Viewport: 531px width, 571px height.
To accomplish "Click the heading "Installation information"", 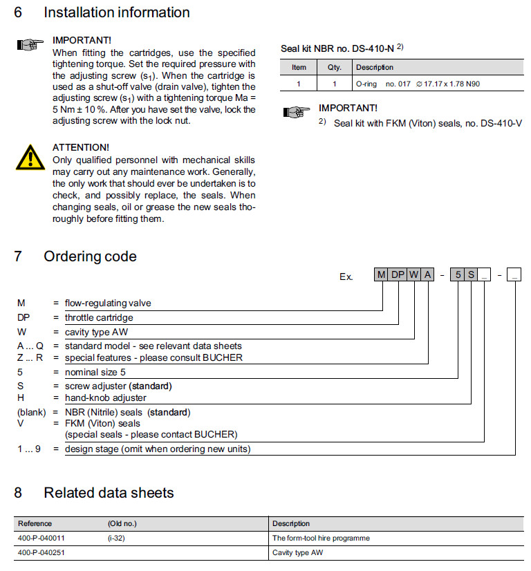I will pos(117,12).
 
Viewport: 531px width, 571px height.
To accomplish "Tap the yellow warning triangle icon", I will pos(29,157).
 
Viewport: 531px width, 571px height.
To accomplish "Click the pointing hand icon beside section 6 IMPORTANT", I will pos(29,46).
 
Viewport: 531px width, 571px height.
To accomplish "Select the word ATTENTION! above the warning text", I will pos(81,147).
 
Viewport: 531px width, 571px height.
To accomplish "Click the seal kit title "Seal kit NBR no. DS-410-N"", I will pos(338,48).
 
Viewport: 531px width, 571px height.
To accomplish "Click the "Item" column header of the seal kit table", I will pos(299,67).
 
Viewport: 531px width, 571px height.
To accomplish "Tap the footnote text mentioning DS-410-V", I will pos(427,123).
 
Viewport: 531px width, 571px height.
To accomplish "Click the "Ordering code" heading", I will pos(90,256).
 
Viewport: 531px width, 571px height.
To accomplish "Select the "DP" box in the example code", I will pos(399,275).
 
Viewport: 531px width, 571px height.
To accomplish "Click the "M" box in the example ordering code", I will pos(382,275).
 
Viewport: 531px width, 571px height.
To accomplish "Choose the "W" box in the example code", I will pos(414,275).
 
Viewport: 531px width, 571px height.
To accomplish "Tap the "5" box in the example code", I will pos(458,275).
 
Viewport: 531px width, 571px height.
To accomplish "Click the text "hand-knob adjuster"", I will pos(106,397).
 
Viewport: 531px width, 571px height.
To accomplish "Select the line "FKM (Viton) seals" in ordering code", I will pos(102,423).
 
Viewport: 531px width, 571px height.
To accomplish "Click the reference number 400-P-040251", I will pos(41,553).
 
